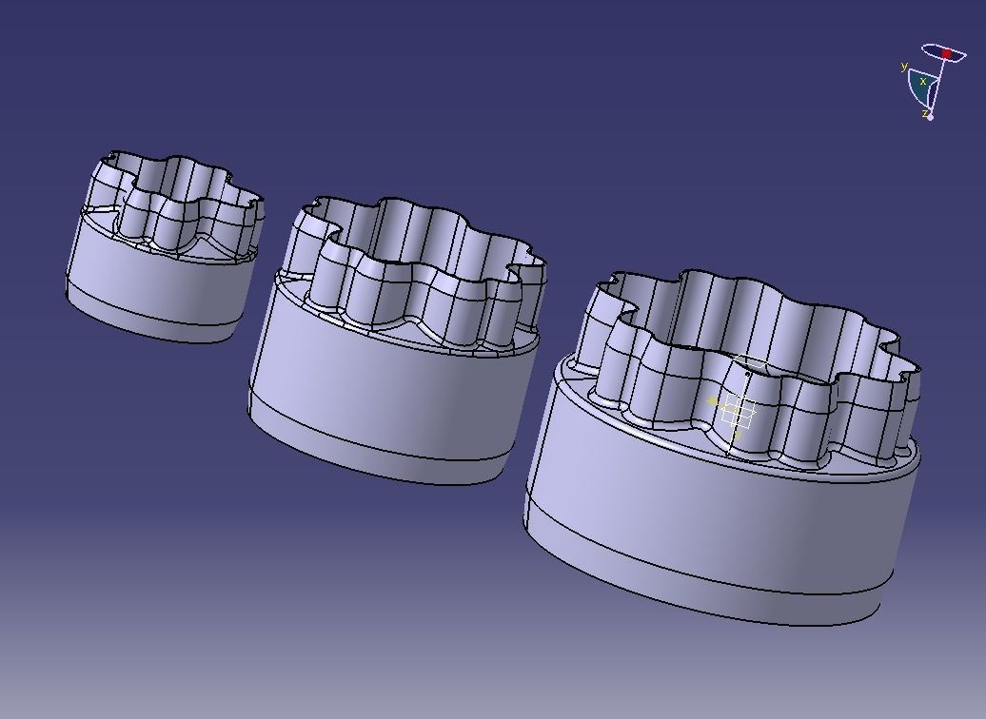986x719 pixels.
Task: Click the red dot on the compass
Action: click(946, 54)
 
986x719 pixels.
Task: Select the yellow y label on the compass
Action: click(903, 67)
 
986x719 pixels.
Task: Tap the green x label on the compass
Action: click(922, 82)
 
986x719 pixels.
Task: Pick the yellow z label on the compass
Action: click(923, 113)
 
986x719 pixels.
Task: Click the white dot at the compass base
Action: click(931, 117)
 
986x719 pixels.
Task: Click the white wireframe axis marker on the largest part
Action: click(738, 413)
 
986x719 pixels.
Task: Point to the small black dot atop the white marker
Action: click(747, 374)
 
